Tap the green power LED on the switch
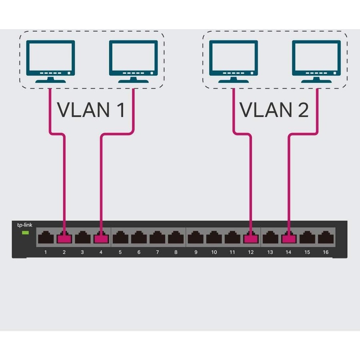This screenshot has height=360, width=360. click(x=25, y=232)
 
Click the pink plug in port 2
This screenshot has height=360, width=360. click(x=64, y=239)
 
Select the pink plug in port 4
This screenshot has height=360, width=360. click(x=101, y=239)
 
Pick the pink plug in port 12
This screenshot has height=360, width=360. click(x=251, y=239)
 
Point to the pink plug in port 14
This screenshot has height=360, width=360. click(x=288, y=239)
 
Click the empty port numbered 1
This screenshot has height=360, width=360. click(x=46, y=238)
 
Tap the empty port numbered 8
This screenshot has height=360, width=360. click(x=176, y=238)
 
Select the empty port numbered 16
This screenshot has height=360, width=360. click(x=326, y=238)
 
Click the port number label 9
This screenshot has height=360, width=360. click(x=196, y=252)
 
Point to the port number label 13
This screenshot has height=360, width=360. click(x=270, y=252)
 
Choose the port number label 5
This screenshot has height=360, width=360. click(x=120, y=252)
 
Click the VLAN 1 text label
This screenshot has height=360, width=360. click(x=91, y=110)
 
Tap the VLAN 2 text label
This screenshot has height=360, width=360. click(x=274, y=110)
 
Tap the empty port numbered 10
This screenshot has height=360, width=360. click(x=214, y=238)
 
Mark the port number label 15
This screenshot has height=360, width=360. click(x=307, y=252)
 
